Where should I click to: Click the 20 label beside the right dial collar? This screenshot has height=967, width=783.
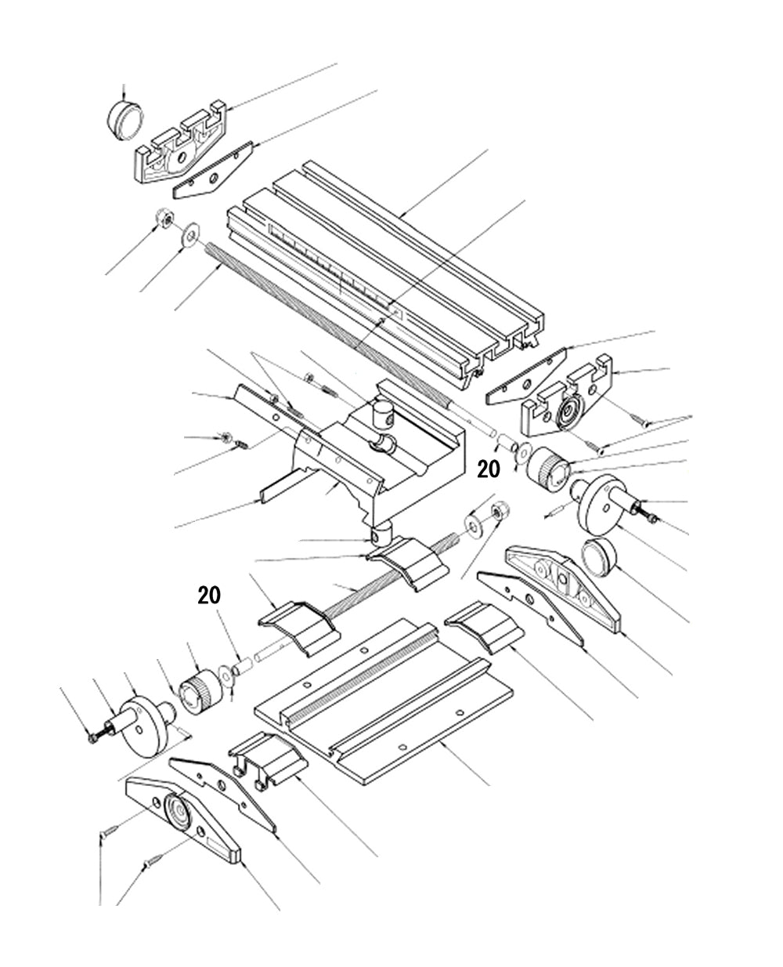(488, 469)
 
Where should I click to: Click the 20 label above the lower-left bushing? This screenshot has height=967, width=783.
(208, 595)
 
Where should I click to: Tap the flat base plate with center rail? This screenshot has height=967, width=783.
(384, 697)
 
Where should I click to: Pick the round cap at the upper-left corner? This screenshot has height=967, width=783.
(124, 118)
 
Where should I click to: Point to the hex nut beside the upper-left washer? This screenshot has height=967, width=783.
(164, 219)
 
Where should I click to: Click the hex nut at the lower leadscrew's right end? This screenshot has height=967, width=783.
(497, 512)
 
